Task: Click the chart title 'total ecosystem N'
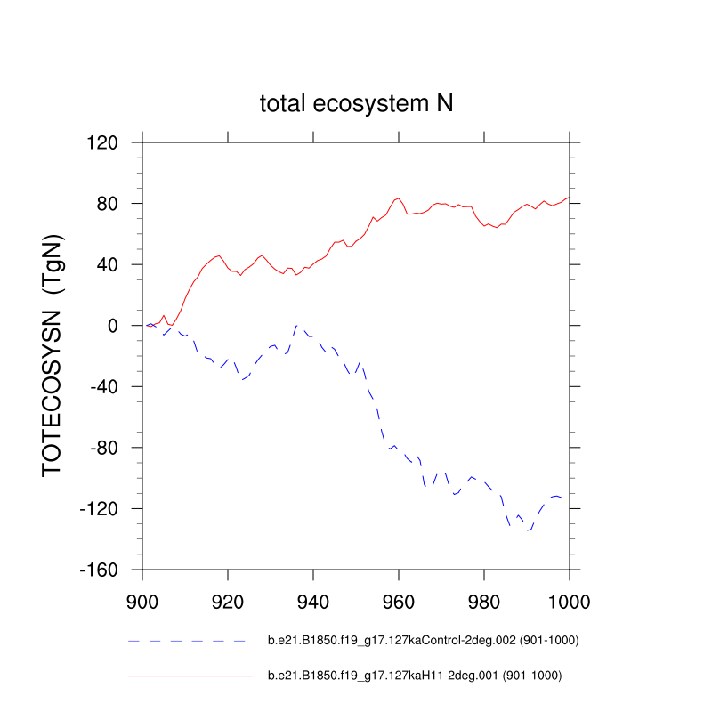point(356,103)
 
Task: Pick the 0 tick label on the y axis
point(124,326)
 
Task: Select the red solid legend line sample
point(190,676)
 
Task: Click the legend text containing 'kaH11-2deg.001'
point(415,676)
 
